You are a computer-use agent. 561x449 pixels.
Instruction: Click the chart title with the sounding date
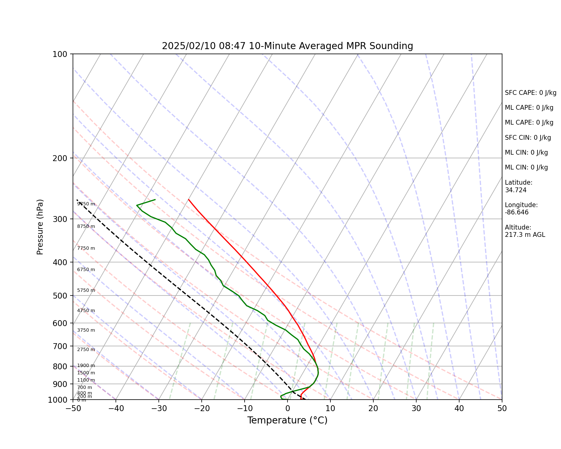(x=287, y=46)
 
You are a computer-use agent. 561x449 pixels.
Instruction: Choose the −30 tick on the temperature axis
(x=158, y=409)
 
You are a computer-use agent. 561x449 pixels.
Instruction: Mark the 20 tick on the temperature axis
(x=373, y=409)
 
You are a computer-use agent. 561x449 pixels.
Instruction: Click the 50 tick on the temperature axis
(x=502, y=409)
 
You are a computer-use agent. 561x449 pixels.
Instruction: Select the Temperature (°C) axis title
(x=287, y=420)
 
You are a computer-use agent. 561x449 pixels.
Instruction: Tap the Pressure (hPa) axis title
(x=40, y=227)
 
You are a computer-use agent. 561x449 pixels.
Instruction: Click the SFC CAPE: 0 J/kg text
(x=530, y=93)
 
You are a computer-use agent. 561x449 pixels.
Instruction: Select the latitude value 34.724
(x=516, y=190)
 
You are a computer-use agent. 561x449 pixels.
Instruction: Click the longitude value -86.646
(x=517, y=212)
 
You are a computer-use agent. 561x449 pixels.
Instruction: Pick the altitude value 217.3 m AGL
(x=525, y=235)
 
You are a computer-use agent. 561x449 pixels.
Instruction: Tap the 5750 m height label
(x=86, y=290)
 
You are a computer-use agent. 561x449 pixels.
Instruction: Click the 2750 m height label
(x=86, y=350)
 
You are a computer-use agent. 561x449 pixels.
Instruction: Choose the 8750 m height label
(x=86, y=226)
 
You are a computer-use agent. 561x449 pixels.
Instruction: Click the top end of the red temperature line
(x=188, y=200)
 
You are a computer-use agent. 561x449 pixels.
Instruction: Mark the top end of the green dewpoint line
(x=155, y=200)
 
